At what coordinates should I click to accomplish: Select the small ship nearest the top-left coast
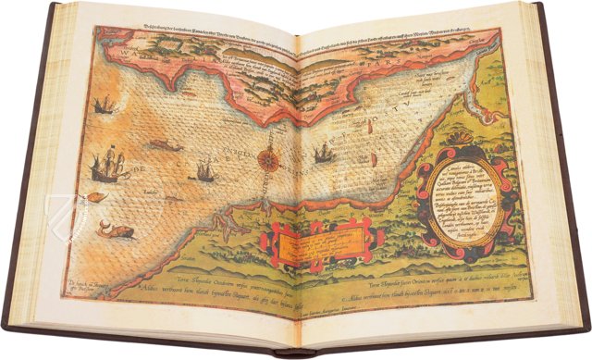click(x=104, y=104)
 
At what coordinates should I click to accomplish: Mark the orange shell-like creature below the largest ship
click(x=98, y=197)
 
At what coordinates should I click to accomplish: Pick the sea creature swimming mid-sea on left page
click(x=165, y=145)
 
